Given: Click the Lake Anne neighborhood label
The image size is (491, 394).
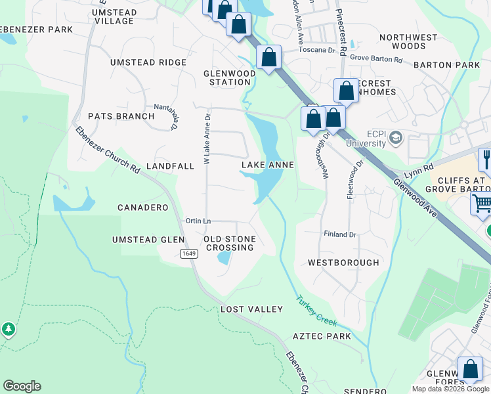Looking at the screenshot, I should point(267,165).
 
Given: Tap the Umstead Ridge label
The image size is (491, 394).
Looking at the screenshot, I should point(148,62).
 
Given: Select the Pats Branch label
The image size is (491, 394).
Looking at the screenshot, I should point(121,116).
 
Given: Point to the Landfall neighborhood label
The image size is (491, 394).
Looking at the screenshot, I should point(170,166).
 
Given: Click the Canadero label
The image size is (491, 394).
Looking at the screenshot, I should point(142,208).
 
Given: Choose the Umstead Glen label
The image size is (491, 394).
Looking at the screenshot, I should point(148,240).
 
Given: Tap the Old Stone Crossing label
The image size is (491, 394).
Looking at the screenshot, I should point(230,243).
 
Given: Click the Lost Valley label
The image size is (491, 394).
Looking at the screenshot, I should point(251,309).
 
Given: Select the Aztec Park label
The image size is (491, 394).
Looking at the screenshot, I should point(322,337).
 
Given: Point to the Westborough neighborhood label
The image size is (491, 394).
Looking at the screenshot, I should point(343,263).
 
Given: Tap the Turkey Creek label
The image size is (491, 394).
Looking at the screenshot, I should point(316,311).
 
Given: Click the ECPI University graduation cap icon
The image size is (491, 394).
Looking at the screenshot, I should point(395,137).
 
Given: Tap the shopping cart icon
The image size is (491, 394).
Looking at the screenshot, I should point(482,204).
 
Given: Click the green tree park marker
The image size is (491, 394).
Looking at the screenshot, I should point(8,328).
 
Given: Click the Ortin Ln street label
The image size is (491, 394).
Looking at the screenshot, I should point(198,221).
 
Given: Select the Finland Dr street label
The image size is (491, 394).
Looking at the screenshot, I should point(339,234).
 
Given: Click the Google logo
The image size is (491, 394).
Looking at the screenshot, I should point(22,386).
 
